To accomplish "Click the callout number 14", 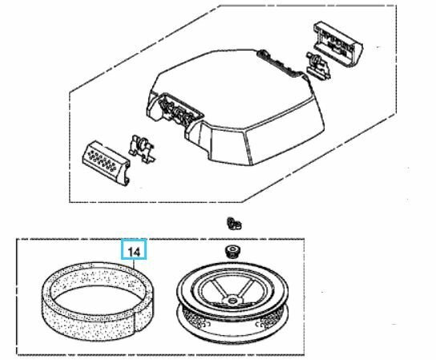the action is (134, 252).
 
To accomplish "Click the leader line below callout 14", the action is (134, 264).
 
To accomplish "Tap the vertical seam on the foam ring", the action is (135, 319).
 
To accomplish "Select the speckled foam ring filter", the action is (98, 301).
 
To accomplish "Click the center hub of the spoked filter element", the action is (231, 301).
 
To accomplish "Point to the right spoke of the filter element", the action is (244, 289).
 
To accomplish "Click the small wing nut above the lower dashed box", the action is (233, 224).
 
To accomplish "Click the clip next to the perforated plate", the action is (142, 149).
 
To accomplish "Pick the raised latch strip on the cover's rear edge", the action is (280, 63).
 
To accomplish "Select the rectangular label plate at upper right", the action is (338, 45).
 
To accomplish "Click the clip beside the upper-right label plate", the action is (318, 66).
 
